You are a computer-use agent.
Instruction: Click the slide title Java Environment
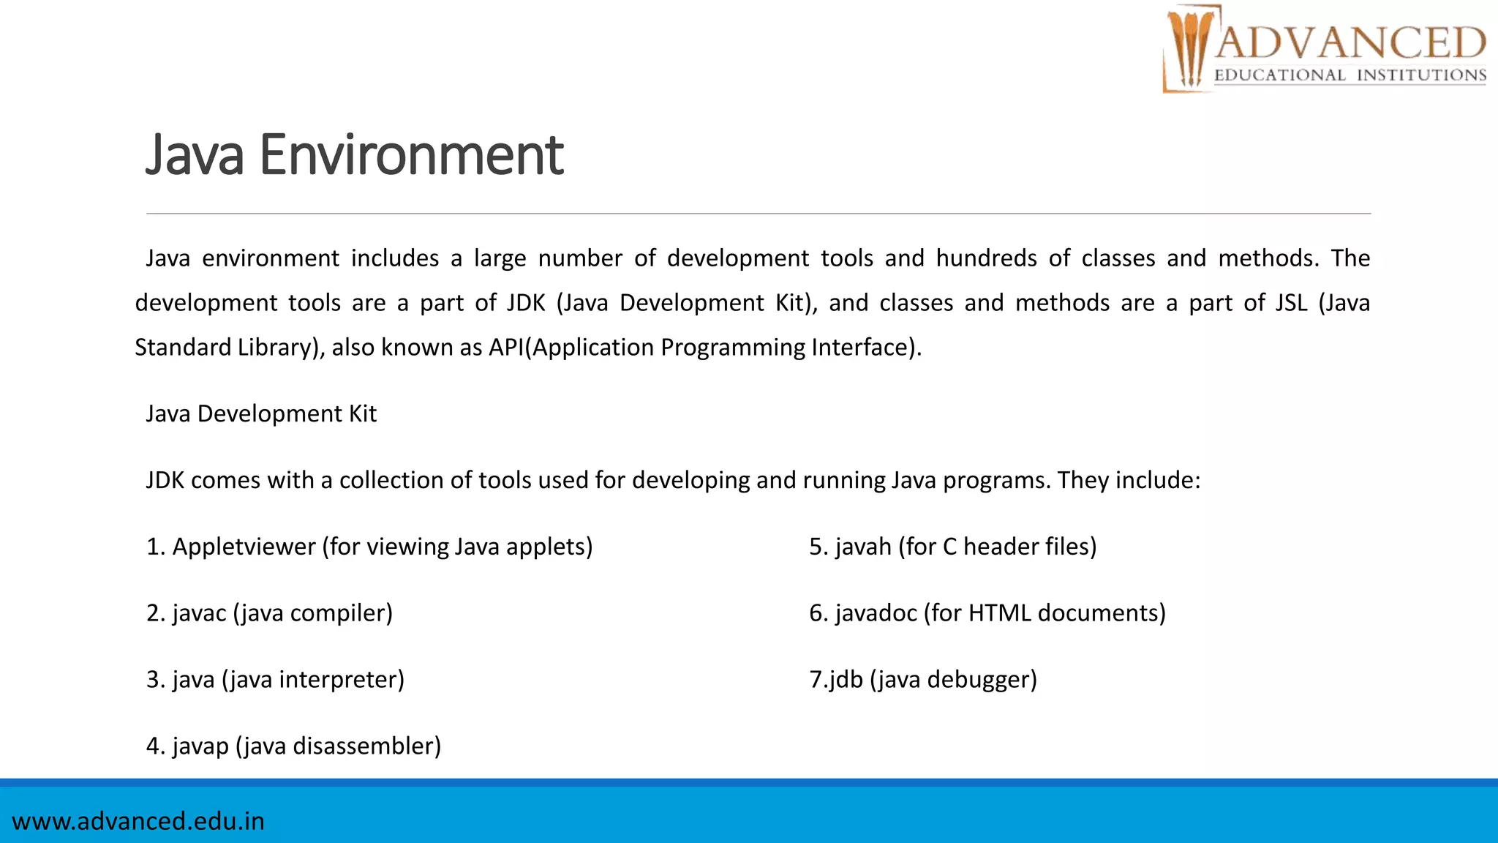355,155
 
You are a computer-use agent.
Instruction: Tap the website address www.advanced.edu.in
138,821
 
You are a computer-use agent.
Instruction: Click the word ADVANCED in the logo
1350,42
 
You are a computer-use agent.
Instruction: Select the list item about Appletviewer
369,547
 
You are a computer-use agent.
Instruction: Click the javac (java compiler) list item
269,613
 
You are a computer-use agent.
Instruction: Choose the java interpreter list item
275,680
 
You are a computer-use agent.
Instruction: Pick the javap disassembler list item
293,746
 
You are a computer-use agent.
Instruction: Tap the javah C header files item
952,547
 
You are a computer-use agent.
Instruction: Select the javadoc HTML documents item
987,613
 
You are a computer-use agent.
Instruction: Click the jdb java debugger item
923,680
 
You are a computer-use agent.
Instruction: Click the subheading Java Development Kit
261,414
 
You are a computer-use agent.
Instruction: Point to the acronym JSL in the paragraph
1291,303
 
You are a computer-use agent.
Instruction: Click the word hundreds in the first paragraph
986,258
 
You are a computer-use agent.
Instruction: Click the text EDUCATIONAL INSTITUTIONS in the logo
1350,75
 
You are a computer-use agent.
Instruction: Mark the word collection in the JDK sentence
391,481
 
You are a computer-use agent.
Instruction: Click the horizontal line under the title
759,214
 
